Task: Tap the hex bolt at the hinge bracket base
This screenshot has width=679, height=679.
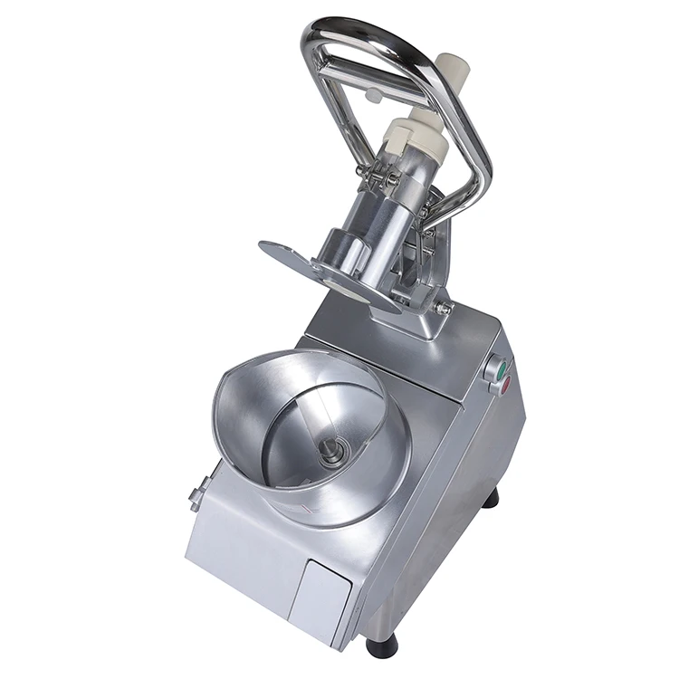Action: click(x=445, y=308)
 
